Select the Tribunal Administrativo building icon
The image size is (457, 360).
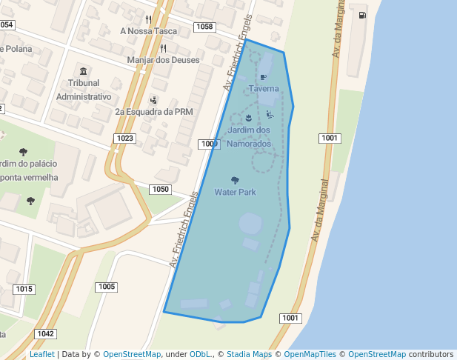coord(83,71)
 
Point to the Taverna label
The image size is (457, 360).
coord(264,88)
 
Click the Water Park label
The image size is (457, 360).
coord(235,192)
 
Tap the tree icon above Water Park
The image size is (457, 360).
coord(235,180)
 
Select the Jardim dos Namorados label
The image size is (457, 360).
coord(249,136)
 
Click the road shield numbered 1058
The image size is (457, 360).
coord(204,27)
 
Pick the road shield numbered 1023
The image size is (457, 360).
coord(124,139)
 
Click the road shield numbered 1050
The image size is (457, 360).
coord(160,190)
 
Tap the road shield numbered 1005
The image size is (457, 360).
coord(107,287)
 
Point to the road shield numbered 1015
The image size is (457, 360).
coord(24,289)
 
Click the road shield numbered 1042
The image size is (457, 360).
coord(46,334)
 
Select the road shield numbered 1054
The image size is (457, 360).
coord(7,25)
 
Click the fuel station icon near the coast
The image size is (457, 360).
coord(362,15)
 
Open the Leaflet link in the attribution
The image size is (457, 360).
coord(41,354)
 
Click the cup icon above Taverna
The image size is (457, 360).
coord(263,77)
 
